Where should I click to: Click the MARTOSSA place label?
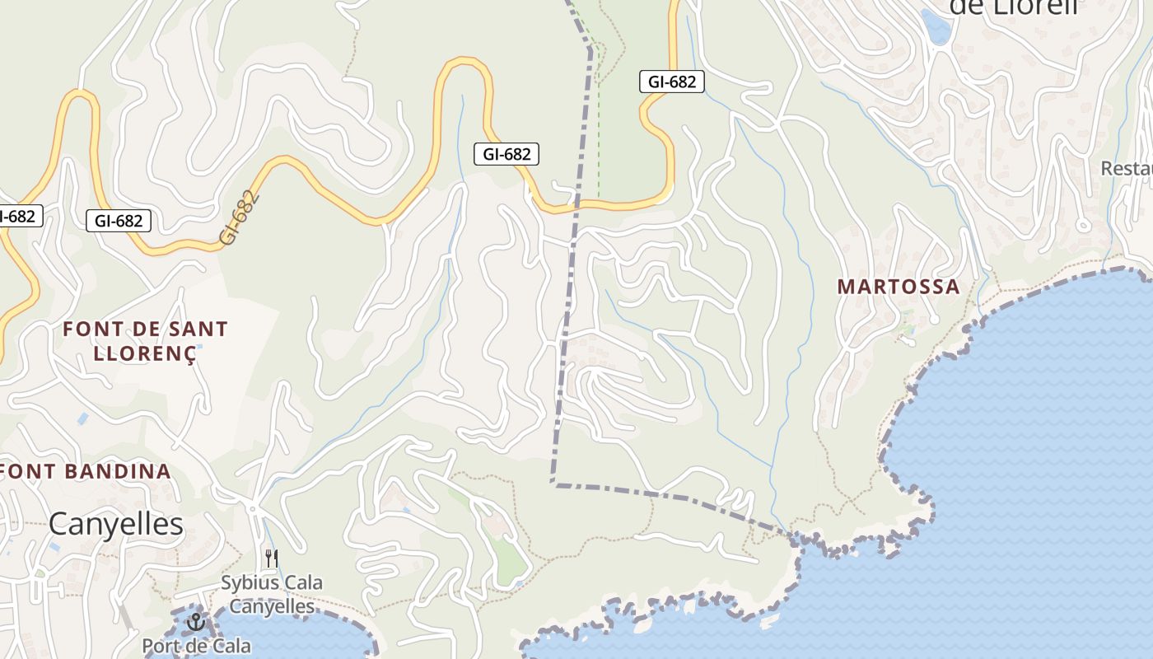pyautogui.click(x=899, y=287)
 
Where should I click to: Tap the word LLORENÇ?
pyautogui.click(x=145, y=354)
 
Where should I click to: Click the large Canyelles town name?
pyautogui.click(x=115, y=524)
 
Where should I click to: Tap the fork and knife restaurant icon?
pyautogui.click(x=271, y=559)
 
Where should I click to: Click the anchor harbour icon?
pyautogui.click(x=195, y=621)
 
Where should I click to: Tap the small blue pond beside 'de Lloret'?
pyautogui.click(x=936, y=27)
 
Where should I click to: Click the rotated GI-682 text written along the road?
pyautogui.click(x=240, y=217)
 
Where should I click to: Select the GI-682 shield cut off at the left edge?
pyautogui.click(x=18, y=216)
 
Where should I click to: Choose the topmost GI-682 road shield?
pyautogui.click(x=671, y=82)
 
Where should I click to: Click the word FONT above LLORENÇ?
pyautogui.click(x=93, y=329)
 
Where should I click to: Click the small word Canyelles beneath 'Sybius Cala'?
pyautogui.click(x=271, y=607)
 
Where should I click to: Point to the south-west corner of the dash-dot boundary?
pyautogui.click(x=553, y=483)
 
